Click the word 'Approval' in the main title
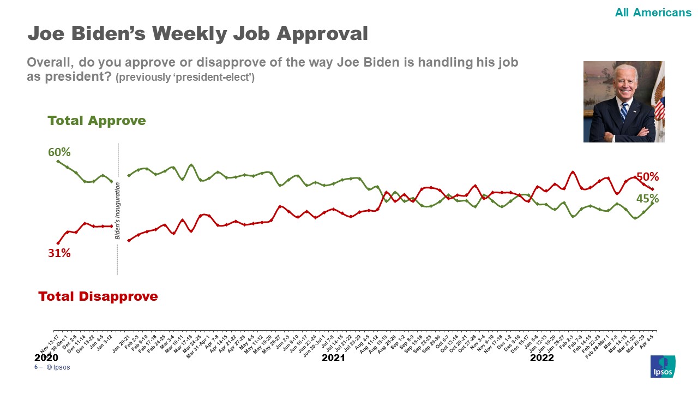tap(322, 34)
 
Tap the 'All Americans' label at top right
tap(653, 13)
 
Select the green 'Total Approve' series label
tap(97, 121)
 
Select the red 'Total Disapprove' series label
tap(98, 296)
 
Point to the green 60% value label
tap(59, 152)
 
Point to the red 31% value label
tap(59, 253)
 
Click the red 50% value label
tap(647, 177)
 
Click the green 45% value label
tap(647, 199)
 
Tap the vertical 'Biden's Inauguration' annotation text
tap(117, 211)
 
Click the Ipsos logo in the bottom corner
tap(663, 366)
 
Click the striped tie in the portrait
tap(624, 111)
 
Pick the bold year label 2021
tap(333, 358)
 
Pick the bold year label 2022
tap(541, 358)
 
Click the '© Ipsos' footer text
tap(58, 367)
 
